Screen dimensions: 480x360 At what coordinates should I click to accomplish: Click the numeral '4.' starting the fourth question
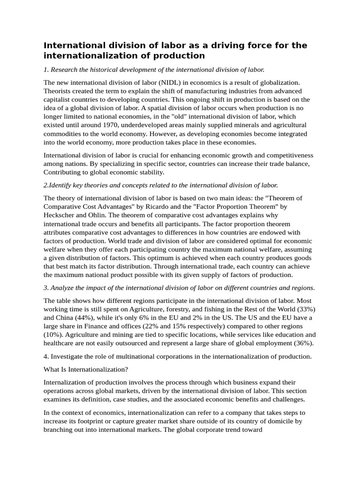tap(46, 356)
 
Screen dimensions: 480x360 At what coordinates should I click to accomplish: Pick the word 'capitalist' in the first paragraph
tap(60, 99)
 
